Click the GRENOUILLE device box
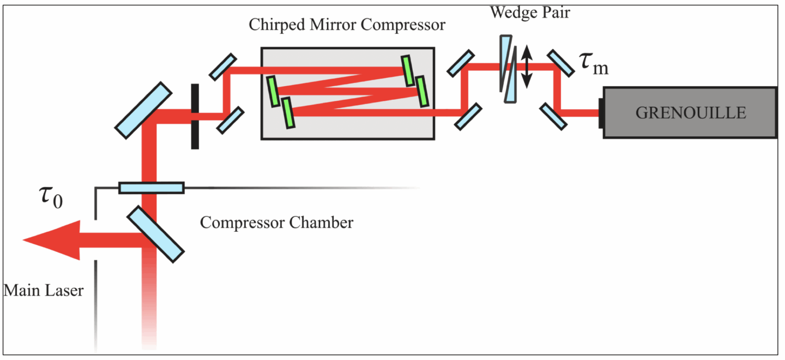[690, 112]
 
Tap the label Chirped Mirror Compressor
[347, 25]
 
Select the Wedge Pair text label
[529, 13]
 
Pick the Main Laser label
[44, 290]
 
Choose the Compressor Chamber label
[276, 223]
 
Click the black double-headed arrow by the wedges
[526, 67]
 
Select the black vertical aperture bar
[195, 116]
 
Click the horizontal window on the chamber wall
[151, 188]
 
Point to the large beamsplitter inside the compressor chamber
[156, 234]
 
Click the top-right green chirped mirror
[407, 70]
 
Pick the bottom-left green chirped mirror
[288, 112]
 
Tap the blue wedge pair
[509, 69]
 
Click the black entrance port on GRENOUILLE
[601, 113]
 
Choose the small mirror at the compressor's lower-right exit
[468, 117]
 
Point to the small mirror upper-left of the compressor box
[223, 67]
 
